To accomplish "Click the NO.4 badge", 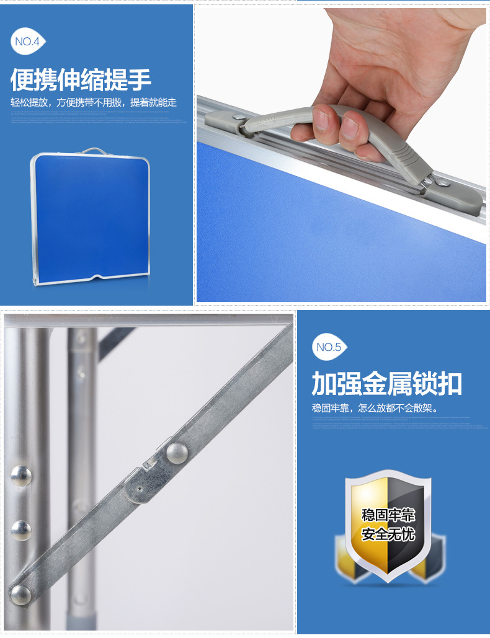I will pos(28,42).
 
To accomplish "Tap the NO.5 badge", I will pos(329,347).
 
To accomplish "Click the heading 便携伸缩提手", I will pos(81,79).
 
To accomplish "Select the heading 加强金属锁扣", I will pos(386,384).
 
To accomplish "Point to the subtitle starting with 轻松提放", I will pos(94,102).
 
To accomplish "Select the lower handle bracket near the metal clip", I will pos(456,198).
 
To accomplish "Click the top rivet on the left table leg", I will pos(21,476).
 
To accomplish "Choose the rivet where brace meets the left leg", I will pos(20,595).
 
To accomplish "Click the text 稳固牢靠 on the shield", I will pos(388,516).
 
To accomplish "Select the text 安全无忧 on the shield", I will pos(388,534).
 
